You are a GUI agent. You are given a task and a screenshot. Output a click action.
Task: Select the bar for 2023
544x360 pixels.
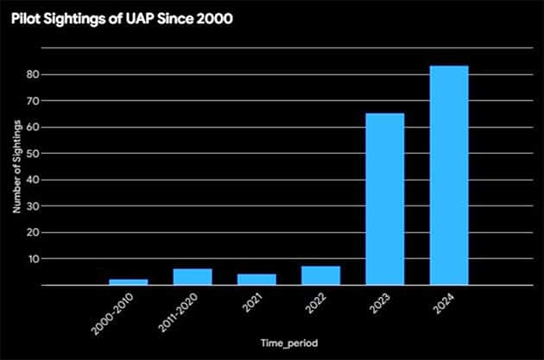tap(385, 199)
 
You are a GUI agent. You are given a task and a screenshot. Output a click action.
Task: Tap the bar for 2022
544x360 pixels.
tap(320, 275)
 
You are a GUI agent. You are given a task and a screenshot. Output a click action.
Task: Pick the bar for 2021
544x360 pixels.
tap(256, 279)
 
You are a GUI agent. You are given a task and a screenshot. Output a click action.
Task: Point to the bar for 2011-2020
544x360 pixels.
tap(193, 276)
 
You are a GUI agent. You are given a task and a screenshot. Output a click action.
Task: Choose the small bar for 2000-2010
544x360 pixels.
tap(128, 281)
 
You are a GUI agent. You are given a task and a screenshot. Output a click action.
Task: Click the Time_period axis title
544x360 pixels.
tap(289, 344)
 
